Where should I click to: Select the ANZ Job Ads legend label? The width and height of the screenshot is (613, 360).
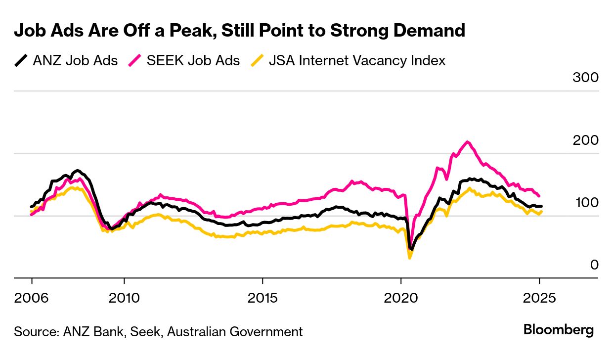point(75,61)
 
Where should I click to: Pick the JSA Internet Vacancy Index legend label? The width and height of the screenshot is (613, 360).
point(357,61)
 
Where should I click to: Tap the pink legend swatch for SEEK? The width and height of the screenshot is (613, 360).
point(135,61)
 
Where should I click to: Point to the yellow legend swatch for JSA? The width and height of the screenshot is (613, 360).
point(257,61)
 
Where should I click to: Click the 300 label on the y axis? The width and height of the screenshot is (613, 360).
point(586,78)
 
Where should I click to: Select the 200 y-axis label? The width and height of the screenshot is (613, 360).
point(586,140)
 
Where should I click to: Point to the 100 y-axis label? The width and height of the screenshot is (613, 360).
point(586,203)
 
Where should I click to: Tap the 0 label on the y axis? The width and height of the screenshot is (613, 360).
point(594,265)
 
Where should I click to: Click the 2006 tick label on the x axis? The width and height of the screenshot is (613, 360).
point(32,298)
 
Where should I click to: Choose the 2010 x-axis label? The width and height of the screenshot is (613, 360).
point(124,298)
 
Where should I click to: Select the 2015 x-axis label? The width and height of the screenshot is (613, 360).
point(263,298)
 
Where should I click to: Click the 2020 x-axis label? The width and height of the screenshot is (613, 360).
point(400,298)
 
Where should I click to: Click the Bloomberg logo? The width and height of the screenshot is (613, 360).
point(559,330)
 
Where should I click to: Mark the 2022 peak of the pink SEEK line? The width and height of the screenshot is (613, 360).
point(467,142)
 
